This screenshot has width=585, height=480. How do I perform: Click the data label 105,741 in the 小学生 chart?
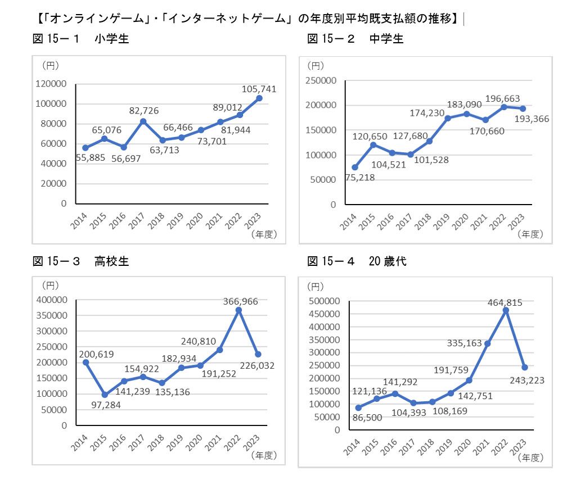click(259, 89)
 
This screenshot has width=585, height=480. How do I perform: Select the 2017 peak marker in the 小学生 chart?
click(143, 121)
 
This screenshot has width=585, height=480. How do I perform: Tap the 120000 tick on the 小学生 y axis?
click(51, 84)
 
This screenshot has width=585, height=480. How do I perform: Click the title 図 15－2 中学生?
click(355, 39)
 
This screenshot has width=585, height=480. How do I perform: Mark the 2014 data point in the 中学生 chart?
click(355, 167)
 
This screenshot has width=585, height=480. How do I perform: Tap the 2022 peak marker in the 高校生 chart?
click(238, 310)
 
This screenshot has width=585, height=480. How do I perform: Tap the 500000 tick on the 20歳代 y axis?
click(325, 301)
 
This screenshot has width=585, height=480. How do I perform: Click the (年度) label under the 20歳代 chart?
click(530, 458)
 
